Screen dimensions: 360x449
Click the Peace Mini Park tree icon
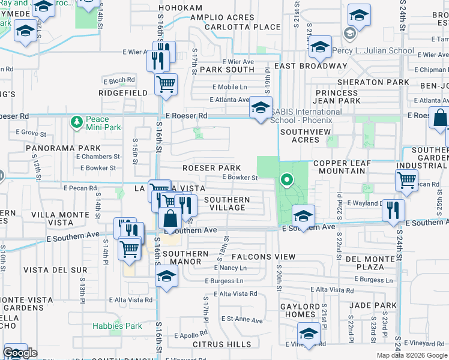[x=76, y=123]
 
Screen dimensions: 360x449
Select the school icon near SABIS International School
[x=261, y=109]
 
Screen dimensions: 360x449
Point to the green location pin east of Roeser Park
[x=287, y=179]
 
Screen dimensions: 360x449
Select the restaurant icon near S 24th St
[x=393, y=211]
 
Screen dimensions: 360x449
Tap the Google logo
[x=20, y=353]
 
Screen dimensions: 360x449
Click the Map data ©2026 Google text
[x=412, y=355]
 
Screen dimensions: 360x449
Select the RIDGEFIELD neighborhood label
[x=123, y=93]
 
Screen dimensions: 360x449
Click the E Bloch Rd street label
[x=122, y=79]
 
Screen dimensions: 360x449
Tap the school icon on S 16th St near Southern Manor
[x=167, y=277]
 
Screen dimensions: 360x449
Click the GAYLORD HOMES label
[x=301, y=310]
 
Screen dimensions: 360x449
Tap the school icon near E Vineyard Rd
[x=309, y=334]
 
